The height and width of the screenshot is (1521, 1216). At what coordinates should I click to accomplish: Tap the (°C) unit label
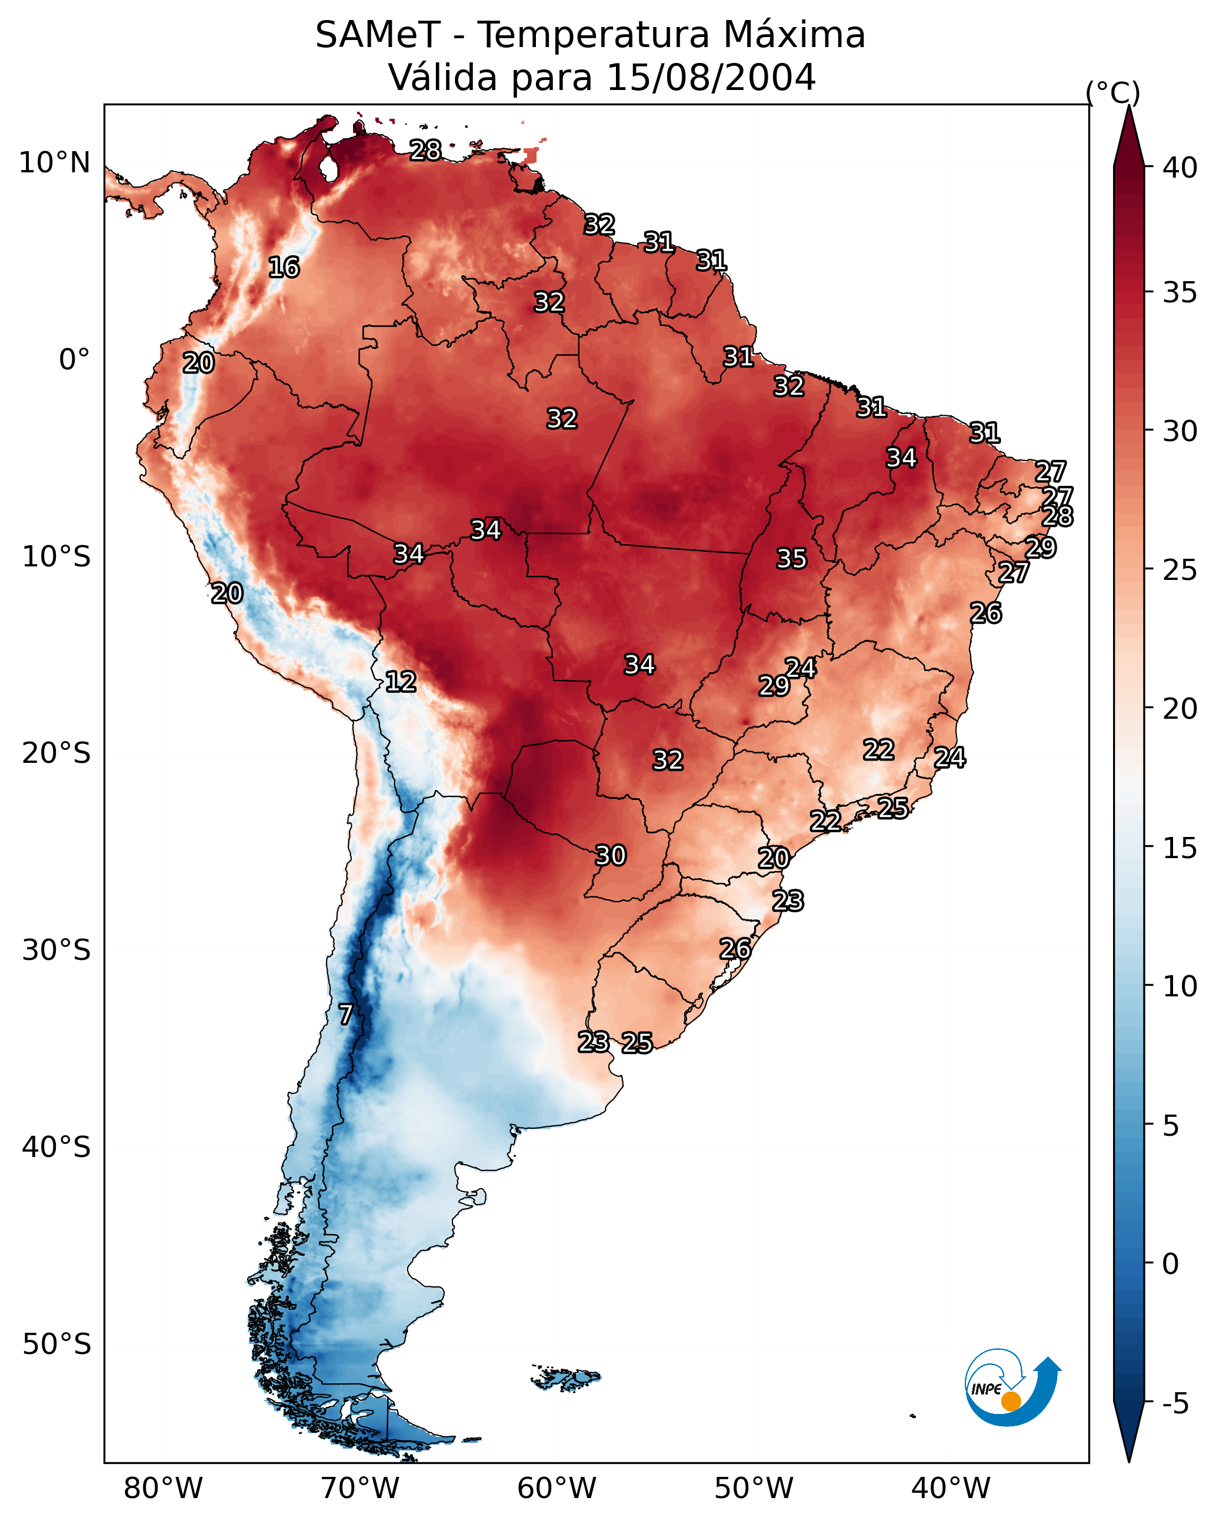pos(1113,92)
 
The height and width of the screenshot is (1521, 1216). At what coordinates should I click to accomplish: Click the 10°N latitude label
pos(54,163)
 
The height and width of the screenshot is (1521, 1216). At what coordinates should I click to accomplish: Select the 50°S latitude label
pos(56,1344)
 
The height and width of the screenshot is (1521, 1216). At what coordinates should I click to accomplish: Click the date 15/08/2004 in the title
pos(711,78)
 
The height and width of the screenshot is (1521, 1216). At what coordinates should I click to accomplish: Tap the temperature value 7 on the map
pos(345,1015)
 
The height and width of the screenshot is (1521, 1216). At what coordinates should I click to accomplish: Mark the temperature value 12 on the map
pos(401,682)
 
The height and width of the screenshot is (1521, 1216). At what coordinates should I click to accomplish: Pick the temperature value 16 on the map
pos(284,268)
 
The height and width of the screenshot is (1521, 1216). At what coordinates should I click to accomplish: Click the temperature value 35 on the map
pos(791,559)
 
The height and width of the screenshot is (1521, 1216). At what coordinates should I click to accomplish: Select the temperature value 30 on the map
pos(611,856)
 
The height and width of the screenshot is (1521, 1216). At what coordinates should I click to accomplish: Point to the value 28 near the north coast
pos(425,150)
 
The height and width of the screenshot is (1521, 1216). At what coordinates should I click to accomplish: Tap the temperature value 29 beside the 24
pos(774,686)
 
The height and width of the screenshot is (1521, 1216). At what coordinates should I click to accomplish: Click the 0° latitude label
pos(74,360)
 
